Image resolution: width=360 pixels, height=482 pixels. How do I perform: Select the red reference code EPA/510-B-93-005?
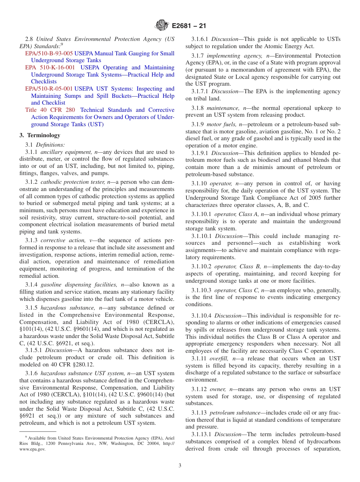point(49,53)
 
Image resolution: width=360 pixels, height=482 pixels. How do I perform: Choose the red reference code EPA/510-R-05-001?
point(49,89)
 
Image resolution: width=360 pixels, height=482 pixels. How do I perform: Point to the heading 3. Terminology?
point(39,135)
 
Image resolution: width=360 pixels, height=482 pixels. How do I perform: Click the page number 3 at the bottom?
point(180,466)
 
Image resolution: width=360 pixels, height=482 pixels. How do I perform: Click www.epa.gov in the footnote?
point(32,449)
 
